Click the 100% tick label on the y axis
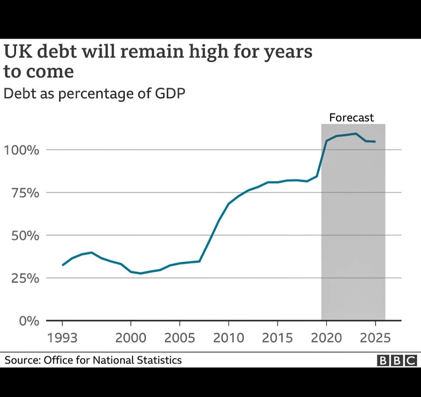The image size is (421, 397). [21, 150]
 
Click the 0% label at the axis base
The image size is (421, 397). [28, 321]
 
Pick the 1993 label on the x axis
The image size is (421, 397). [62, 338]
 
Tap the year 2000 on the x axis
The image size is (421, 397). [131, 338]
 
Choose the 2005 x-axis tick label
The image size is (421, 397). [180, 338]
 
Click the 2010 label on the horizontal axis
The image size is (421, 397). [229, 338]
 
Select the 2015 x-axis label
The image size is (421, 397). [278, 338]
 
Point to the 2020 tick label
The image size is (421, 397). [326, 338]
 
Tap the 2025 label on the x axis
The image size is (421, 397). [375, 338]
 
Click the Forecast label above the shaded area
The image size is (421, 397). [352, 118]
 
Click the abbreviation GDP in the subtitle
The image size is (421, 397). [170, 94]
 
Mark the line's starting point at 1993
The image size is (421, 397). [62, 265]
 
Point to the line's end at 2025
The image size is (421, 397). [375, 142]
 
